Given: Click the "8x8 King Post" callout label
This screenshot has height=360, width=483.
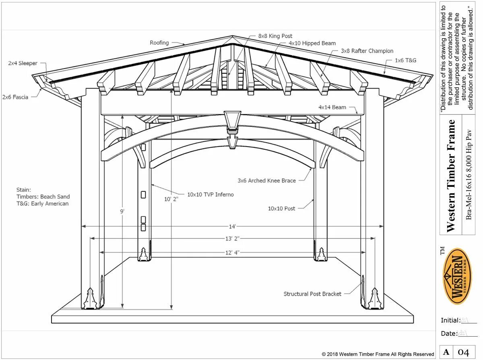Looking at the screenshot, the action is pos(275,36).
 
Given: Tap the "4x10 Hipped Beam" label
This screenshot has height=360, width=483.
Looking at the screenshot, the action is pos(312,43).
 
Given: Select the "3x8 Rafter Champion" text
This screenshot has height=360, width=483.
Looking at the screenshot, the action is pos(367,51).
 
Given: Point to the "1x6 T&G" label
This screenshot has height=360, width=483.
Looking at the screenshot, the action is pos(405,61).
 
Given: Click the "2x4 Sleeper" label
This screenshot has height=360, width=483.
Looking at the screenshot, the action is pos(23,63).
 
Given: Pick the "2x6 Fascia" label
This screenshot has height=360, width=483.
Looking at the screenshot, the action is pos(15,97).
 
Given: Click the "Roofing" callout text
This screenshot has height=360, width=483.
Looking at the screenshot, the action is pos(159,43).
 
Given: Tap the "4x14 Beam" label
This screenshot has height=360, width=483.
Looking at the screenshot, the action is pos(332,108).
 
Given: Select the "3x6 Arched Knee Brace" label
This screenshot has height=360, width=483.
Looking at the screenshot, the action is pos(266,181).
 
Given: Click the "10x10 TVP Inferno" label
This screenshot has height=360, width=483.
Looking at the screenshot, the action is pos(210,194).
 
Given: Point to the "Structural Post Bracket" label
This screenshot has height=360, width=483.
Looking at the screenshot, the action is pos(312,294).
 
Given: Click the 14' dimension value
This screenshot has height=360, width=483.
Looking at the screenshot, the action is pos(233,227).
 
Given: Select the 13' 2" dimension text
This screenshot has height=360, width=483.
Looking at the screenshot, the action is pos(232,238).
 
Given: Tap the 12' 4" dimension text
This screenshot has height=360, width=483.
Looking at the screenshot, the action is pos(232,252).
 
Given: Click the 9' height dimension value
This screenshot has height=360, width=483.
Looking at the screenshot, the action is pos(122,211).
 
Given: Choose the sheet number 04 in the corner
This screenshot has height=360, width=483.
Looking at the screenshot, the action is pos(464,353).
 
